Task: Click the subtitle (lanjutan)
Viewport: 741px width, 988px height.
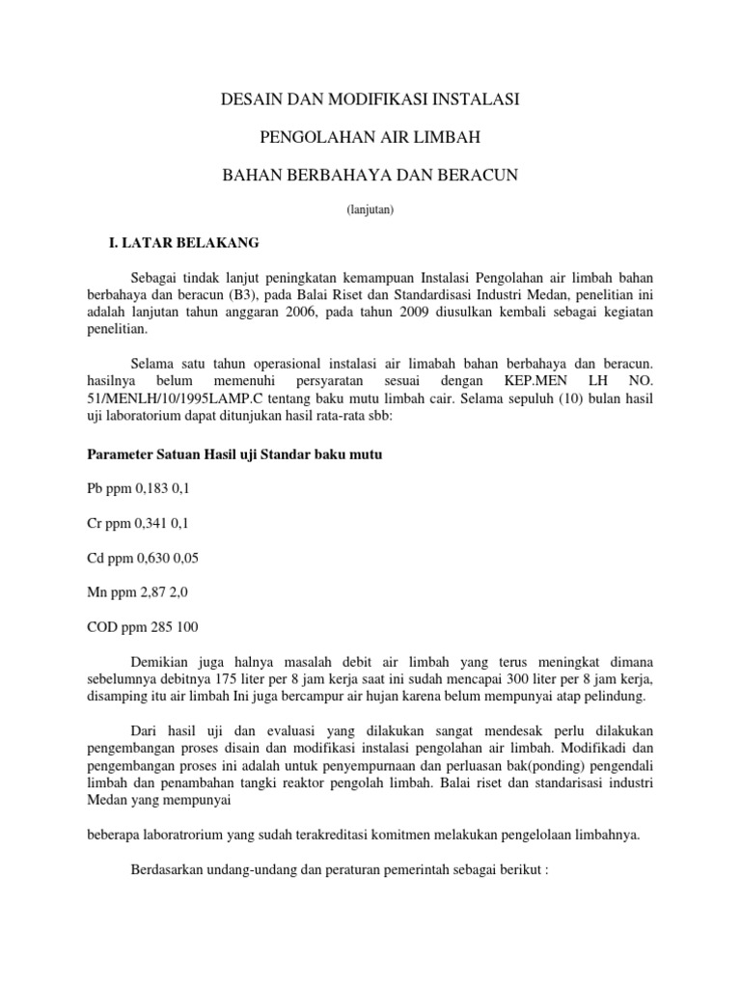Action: (370, 208)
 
